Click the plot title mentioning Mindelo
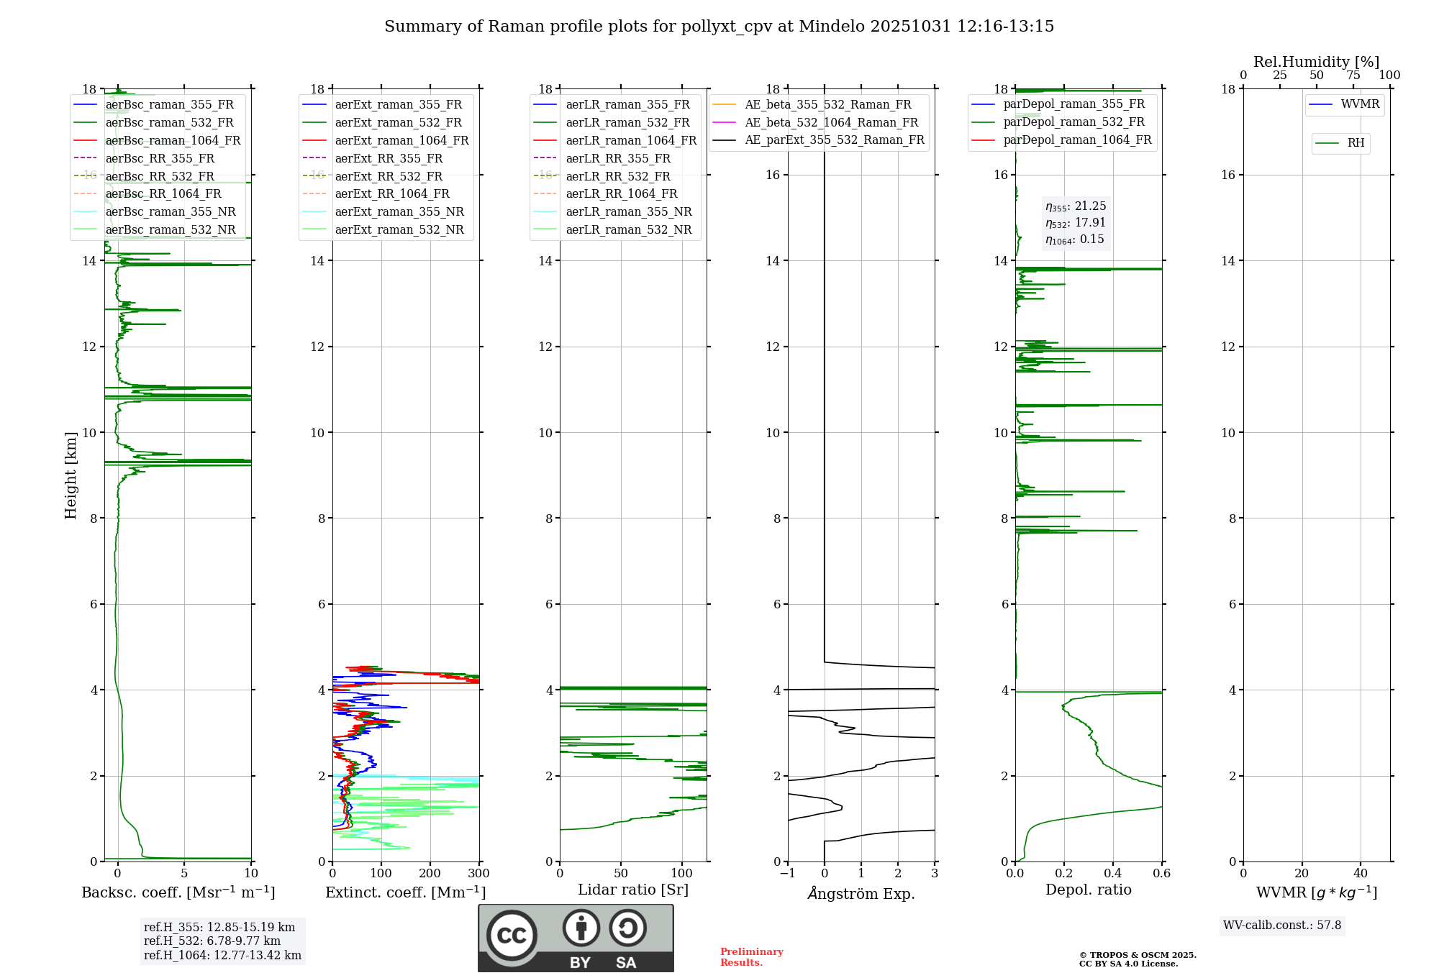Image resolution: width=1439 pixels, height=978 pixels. tap(719, 27)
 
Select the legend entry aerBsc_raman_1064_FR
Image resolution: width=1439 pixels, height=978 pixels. tap(173, 140)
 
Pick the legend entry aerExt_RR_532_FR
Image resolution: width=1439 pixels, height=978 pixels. tap(389, 176)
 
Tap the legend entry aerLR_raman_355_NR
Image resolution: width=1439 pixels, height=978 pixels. tap(628, 211)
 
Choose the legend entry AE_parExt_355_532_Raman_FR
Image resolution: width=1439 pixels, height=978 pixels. tap(834, 140)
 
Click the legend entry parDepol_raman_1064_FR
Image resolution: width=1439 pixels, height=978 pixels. tap(1077, 140)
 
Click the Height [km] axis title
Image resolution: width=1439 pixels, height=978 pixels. tap(71, 475)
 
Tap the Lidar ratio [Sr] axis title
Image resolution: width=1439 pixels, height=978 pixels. tap(633, 890)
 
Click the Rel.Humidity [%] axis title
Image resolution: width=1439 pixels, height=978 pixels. tap(1316, 62)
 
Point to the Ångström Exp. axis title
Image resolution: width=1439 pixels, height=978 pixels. tap(861, 893)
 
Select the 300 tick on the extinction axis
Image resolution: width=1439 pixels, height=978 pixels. tap(478, 874)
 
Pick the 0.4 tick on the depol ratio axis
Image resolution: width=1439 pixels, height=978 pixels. tap(1112, 874)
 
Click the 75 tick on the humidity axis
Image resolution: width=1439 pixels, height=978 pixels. tap(1353, 76)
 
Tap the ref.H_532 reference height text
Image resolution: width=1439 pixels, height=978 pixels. tap(212, 941)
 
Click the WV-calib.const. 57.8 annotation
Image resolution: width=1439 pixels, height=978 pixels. tap(1282, 925)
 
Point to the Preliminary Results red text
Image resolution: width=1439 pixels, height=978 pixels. tap(751, 957)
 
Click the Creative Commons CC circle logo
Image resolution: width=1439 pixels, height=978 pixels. tap(512, 935)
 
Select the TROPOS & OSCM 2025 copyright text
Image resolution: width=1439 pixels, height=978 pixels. tap(1137, 955)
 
